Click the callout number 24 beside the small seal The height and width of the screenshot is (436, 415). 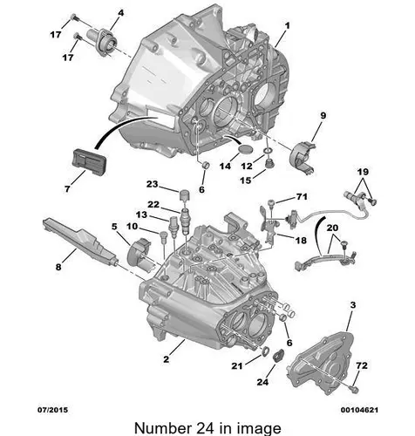pos(262,382)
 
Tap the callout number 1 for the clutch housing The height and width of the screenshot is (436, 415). pos(287,26)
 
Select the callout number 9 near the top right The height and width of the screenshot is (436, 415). pos(323,116)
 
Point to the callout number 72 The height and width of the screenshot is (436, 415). pos(362,365)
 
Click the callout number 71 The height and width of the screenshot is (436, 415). pos(302,197)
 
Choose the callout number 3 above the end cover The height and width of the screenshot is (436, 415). pos(353,305)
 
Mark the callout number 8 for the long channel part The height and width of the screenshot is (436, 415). pos(58,267)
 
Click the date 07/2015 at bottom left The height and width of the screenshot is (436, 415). pos(52,410)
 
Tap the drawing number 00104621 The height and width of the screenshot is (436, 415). pos(359,410)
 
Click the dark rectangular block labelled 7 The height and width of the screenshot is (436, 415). pos(90,162)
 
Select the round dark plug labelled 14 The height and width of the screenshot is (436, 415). pos(246,149)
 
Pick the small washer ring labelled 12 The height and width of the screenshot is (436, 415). pos(269,151)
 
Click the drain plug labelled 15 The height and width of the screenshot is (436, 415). pos(270,163)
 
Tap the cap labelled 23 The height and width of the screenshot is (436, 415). pos(185,194)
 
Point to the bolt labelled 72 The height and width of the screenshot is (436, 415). pos(354,389)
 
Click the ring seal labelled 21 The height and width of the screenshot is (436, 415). pos(265,351)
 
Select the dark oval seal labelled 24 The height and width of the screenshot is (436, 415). pos(279,355)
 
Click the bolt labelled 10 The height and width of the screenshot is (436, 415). pos(164,235)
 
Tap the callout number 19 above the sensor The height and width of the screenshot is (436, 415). pos(363,172)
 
